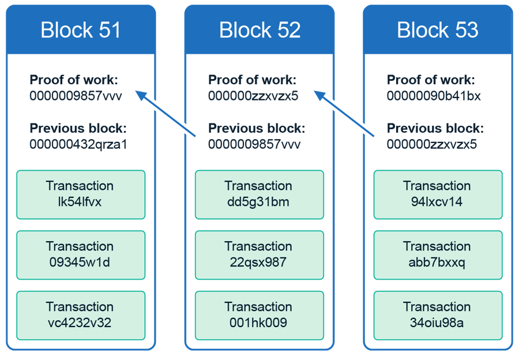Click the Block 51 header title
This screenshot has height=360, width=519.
click(81, 30)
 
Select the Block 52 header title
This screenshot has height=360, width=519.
click(259, 30)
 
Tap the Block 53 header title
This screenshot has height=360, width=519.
click(438, 30)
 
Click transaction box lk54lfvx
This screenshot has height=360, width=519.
click(81, 194)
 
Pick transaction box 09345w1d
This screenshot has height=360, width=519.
click(81, 255)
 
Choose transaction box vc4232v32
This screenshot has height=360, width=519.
click(81, 315)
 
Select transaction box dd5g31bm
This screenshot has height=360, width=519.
click(259, 194)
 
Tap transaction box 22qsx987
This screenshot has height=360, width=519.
click(259, 255)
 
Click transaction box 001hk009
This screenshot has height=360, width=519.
click(259, 315)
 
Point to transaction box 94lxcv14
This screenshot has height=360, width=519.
click(438, 194)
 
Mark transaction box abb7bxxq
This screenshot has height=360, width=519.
click(438, 255)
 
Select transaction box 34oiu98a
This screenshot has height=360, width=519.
click(438, 315)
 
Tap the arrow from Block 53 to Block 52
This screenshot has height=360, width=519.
click(345, 114)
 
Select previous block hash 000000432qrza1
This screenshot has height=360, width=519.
click(78, 144)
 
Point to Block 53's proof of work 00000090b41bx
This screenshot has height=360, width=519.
click(434, 96)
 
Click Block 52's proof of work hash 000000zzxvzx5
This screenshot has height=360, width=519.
click(253, 96)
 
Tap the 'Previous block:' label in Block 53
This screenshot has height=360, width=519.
click(434, 129)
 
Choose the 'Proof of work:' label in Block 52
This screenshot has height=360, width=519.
click(252, 80)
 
